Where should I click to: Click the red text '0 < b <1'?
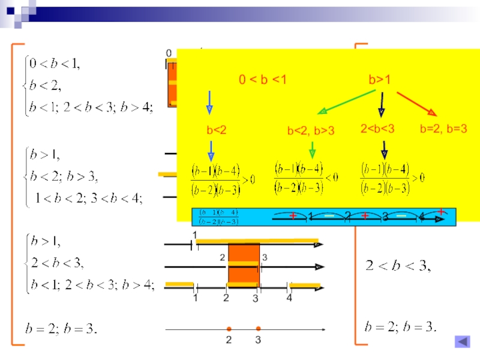click(263, 80)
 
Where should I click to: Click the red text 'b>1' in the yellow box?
click(380, 80)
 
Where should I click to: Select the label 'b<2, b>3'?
click(310, 130)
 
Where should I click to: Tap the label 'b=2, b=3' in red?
click(443, 128)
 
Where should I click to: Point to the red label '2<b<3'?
click(377, 128)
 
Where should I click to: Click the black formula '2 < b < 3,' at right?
click(398, 265)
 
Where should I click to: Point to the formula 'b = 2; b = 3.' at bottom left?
click(61, 329)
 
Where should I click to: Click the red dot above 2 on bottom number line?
click(229, 329)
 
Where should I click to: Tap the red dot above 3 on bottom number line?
click(258, 329)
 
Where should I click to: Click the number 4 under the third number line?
click(289, 298)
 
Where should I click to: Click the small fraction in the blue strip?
click(219, 217)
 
